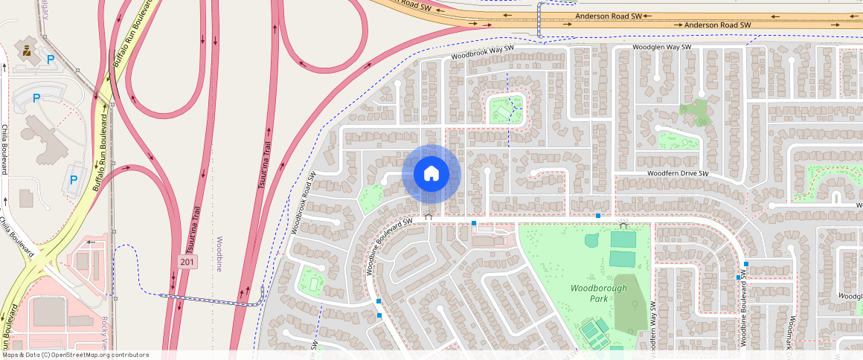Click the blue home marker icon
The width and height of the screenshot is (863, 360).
pyautogui.click(x=431, y=174)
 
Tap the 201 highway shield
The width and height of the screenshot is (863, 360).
pyautogui.click(x=188, y=261)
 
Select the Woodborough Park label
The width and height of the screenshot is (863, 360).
pyautogui.click(x=599, y=293)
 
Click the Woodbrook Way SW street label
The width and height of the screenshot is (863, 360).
pyautogui.click(x=482, y=51)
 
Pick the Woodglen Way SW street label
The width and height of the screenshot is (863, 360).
pyautogui.click(x=662, y=47)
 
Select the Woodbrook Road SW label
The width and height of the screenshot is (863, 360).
pyautogui.click(x=304, y=202)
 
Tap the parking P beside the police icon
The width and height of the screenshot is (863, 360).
pyautogui.click(x=50, y=60)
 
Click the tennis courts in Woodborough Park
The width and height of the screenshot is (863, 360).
pyautogui.click(x=593, y=329)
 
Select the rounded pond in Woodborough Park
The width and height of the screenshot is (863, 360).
pyautogui.click(x=591, y=240)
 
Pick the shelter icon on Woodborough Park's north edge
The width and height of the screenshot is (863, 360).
pyautogui.click(x=623, y=223)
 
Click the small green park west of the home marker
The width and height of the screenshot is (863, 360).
pyautogui.click(x=370, y=199)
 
